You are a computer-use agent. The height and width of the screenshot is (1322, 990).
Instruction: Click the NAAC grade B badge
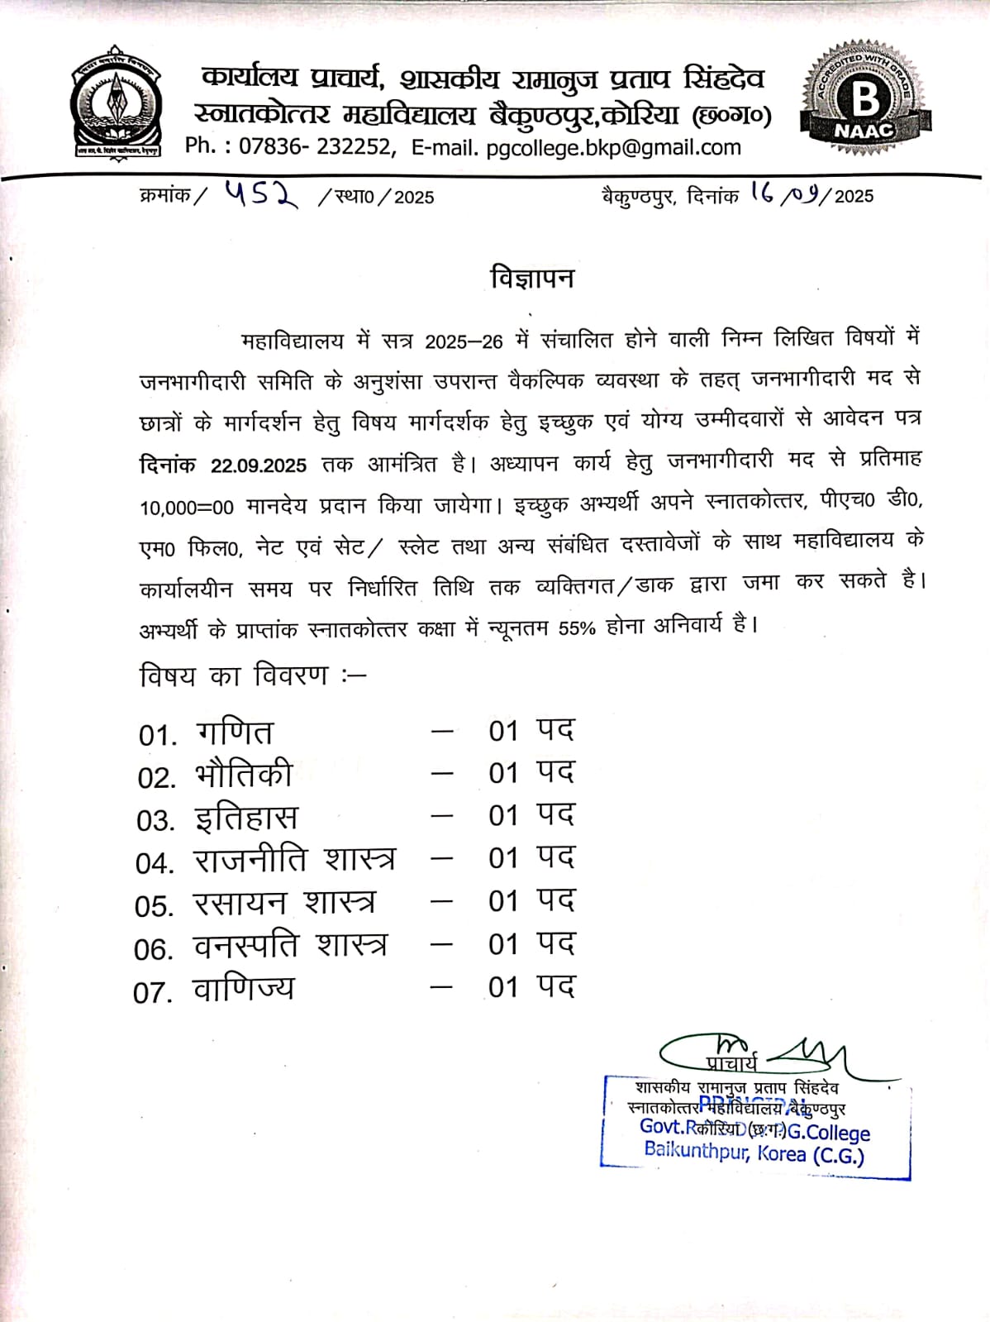point(865,99)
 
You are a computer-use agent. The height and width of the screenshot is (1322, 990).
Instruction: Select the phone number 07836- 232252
point(314,147)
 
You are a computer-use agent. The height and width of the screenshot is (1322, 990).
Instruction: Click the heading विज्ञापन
point(532,278)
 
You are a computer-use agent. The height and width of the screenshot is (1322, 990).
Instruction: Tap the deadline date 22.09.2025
point(258,465)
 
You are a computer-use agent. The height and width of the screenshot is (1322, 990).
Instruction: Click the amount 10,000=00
point(187,507)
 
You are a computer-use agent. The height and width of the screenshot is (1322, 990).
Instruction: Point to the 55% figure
point(577,628)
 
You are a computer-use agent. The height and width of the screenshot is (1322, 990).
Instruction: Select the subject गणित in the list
point(235,733)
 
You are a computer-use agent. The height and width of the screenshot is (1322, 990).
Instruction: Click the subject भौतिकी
point(245,776)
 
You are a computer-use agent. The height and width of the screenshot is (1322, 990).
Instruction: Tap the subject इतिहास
point(246,818)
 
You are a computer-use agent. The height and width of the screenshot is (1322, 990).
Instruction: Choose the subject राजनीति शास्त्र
point(294,861)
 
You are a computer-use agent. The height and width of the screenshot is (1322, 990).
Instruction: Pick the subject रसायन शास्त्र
point(284,903)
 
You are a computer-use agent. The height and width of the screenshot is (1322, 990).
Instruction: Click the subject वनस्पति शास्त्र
point(290,946)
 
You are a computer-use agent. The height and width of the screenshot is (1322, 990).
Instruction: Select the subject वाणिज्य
point(244,989)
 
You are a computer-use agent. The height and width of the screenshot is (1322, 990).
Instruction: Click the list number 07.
point(153,992)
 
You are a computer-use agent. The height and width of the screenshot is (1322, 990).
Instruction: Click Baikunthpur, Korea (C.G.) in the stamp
point(754,1153)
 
